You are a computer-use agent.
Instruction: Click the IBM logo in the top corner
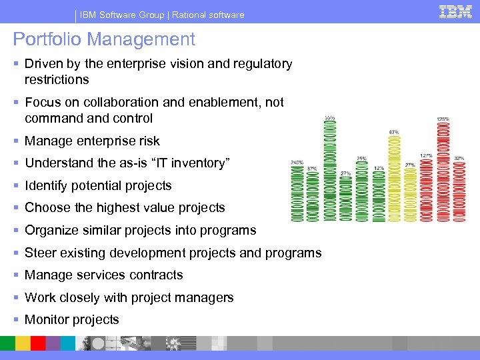(x=455, y=11)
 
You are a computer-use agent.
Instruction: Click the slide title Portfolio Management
(x=104, y=39)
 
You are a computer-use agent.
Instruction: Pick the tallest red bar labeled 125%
(x=442, y=172)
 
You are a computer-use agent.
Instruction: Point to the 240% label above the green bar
(x=297, y=162)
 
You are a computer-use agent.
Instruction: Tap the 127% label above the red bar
(x=426, y=156)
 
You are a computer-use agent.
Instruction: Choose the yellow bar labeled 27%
(x=410, y=195)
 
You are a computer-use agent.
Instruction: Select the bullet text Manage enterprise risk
(x=92, y=141)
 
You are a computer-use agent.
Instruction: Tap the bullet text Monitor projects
(x=71, y=320)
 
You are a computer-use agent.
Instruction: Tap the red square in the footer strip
(x=38, y=343)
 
